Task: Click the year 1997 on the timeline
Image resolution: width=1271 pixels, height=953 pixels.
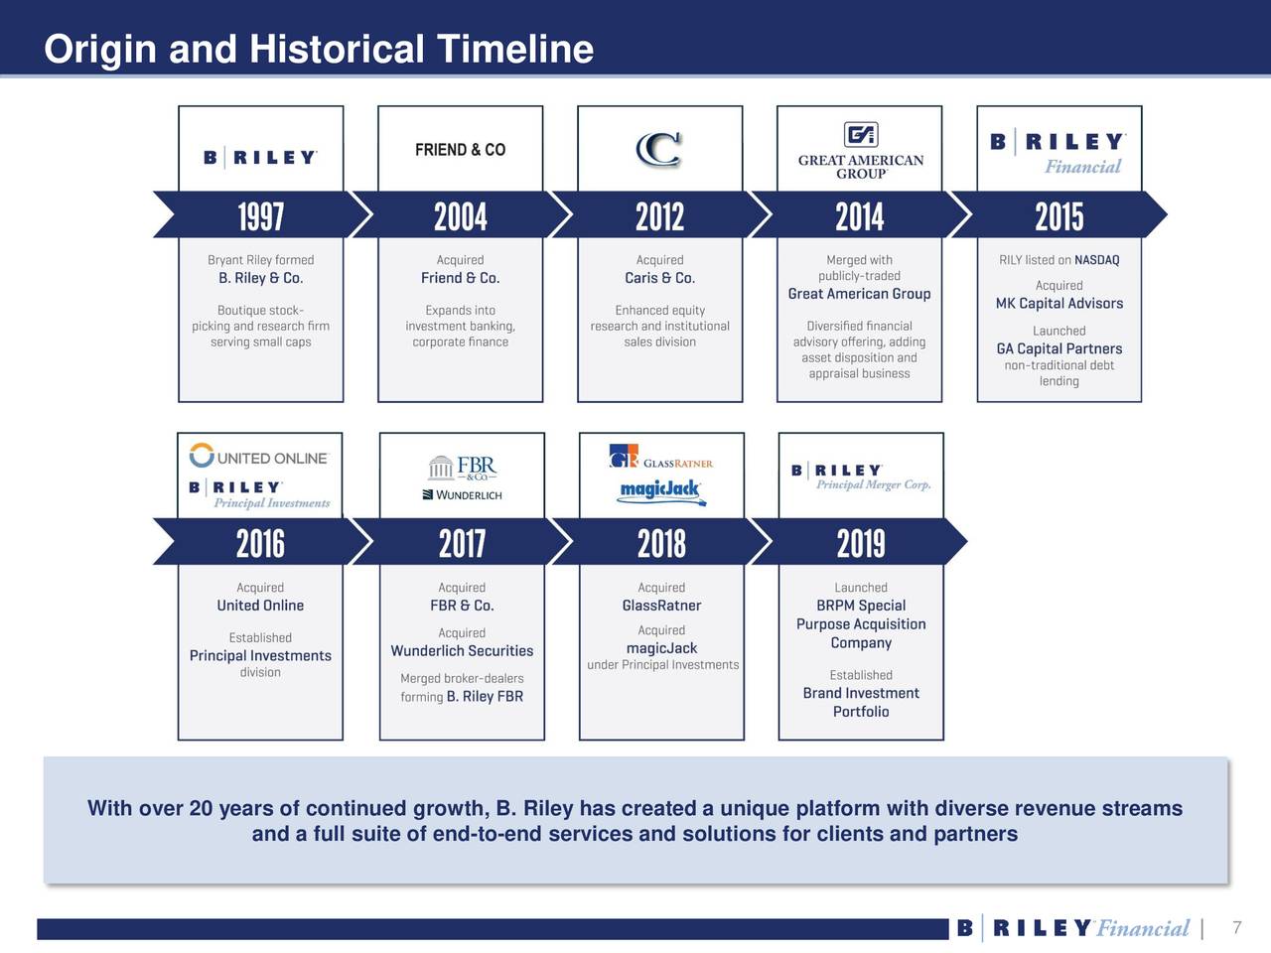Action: tap(260, 216)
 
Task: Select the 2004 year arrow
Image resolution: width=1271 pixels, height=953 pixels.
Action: tap(460, 216)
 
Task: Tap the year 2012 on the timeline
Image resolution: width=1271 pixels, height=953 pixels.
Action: tap(660, 216)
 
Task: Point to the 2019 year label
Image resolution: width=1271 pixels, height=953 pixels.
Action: tap(861, 544)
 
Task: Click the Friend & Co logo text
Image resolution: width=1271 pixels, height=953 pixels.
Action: tap(460, 150)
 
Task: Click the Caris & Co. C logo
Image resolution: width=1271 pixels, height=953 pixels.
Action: tap(658, 150)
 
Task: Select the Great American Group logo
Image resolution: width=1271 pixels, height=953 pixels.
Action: tap(860, 152)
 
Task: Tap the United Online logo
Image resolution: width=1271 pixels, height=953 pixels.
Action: tap(259, 458)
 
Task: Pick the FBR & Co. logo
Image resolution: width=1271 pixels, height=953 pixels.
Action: tap(463, 468)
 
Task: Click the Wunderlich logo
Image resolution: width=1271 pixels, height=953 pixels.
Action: tap(463, 494)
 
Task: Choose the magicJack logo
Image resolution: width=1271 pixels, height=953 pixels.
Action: tap(660, 490)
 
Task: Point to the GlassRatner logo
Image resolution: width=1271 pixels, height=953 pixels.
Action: tap(660, 460)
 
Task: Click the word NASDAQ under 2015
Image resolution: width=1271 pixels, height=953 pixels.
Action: tap(1096, 260)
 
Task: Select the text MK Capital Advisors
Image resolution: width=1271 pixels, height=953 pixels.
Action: tap(1059, 304)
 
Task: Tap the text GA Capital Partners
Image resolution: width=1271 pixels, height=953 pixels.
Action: tap(1059, 349)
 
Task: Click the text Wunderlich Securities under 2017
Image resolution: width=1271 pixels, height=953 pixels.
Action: tap(462, 651)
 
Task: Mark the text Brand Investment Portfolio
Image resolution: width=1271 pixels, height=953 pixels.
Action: tap(861, 702)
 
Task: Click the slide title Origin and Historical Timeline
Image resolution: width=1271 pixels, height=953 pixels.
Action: tap(319, 49)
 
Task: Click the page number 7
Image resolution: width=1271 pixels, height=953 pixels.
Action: tap(1236, 928)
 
